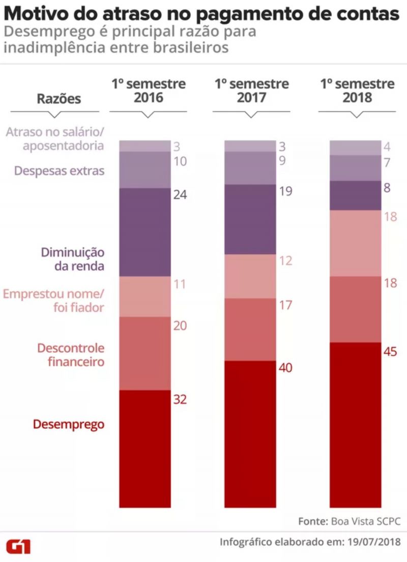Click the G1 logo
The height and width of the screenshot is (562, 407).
(18, 546)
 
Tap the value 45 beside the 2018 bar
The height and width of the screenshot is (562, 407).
(390, 351)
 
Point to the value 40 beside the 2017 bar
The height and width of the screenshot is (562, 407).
(285, 368)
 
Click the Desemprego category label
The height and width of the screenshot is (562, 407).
(69, 424)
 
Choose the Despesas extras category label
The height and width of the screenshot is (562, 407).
(60, 170)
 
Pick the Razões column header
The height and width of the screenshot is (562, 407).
(59, 99)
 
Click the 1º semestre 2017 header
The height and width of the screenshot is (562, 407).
(251, 91)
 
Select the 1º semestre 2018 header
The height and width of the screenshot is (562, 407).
(357, 91)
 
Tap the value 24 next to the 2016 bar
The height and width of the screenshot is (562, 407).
(180, 195)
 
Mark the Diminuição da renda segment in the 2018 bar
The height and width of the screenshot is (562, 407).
(356, 195)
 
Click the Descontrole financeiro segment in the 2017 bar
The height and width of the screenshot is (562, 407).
(250, 330)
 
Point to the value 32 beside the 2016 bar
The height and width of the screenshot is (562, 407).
(180, 399)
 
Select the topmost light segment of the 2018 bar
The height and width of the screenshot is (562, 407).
(356, 147)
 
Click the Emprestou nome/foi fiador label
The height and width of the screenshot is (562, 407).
(53, 300)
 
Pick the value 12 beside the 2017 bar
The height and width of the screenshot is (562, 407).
(285, 261)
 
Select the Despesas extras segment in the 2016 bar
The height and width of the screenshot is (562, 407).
(144, 170)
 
